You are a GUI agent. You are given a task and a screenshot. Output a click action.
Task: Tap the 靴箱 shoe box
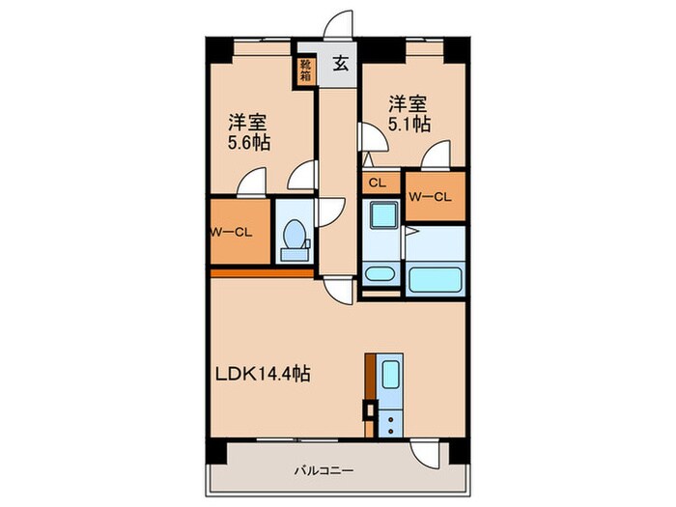click(x=305, y=71)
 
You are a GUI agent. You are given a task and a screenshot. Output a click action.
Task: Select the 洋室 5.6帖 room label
click(x=248, y=132)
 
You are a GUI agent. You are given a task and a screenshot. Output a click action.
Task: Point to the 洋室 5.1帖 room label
click(x=409, y=112)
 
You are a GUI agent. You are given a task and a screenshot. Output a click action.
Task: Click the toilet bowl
click(x=294, y=235)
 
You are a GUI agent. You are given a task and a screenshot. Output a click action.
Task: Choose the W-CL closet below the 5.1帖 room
click(x=430, y=196)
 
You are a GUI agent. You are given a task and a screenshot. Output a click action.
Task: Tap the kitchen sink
click(x=390, y=376)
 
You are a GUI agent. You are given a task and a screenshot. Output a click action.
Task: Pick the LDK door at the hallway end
click(x=336, y=290)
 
